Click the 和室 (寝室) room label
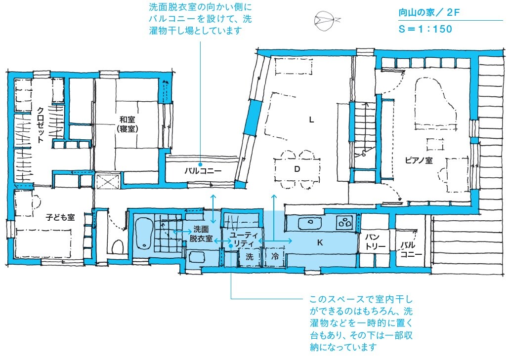pyautogui.click(x=127, y=124)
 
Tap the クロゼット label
pyautogui.click(x=41, y=125)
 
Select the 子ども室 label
pyautogui.click(x=60, y=217)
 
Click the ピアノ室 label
pyautogui.click(x=419, y=160)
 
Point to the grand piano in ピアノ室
pyautogui.click(x=436, y=104)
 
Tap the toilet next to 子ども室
pyautogui.click(x=118, y=247)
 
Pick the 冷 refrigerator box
pyautogui.click(x=275, y=257)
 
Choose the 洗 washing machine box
pyautogui.click(x=250, y=257)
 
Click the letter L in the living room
pyautogui.click(x=311, y=120)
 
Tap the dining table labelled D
pyautogui.click(x=297, y=169)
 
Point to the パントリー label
pyautogui.click(x=375, y=241)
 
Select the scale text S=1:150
pyautogui.click(x=425, y=29)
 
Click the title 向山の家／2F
pyautogui.click(x=429, y=13)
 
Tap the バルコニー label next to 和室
pyautogui.click(x=203, y=170)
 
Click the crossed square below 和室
pyautogui.click(x=108, y=181)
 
